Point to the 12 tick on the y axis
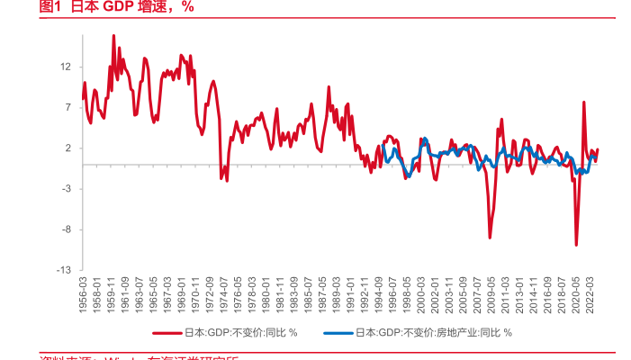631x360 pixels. [66, 67]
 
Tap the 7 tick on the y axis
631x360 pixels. [68, 107]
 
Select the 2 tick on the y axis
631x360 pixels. [68, 148]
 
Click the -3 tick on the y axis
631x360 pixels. [66, 189]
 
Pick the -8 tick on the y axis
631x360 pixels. [66, 229]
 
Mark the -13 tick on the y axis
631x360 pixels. [64, 270]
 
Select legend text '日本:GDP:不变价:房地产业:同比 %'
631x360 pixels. [434, 333]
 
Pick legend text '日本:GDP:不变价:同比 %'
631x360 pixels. [241, 333]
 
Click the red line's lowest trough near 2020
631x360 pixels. [576, 245]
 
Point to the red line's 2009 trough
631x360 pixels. [491, 238]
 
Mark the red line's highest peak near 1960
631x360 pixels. [113, 35]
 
